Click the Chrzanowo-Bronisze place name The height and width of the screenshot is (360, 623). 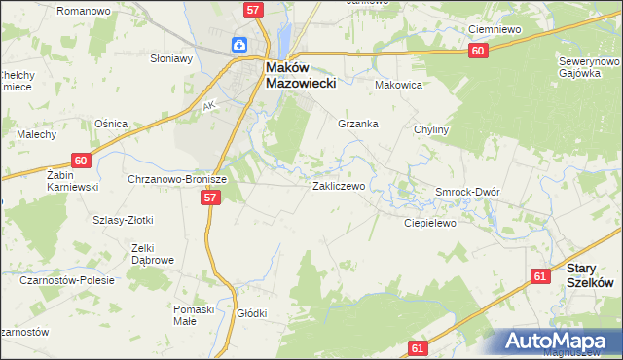point(176,180)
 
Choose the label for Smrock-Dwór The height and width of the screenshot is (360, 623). point(467,192)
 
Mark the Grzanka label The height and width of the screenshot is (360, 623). point(357,124)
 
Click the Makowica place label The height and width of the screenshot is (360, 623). point(397,85)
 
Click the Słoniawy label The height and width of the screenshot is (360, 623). point(171,57)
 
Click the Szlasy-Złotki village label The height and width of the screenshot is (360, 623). point(123,220)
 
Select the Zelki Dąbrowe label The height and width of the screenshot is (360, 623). point(152,254)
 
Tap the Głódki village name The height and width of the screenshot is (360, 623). point(251,313)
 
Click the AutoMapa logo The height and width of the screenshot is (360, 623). point(562,342)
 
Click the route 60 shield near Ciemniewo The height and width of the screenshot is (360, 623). point(476,51)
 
